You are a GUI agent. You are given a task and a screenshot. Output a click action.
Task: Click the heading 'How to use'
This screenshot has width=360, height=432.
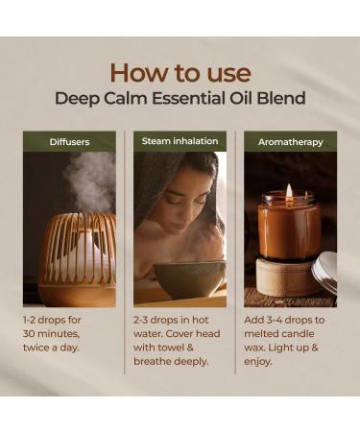pos(180,72)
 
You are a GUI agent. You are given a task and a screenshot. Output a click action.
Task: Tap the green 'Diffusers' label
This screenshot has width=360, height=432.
pos(69,142)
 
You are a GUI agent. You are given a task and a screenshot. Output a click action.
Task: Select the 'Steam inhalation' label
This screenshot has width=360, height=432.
pos(180,141)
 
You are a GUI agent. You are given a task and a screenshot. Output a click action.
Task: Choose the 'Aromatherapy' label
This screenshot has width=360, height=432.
pos(290,142)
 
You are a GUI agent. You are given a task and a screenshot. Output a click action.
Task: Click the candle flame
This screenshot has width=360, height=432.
pos(289,191)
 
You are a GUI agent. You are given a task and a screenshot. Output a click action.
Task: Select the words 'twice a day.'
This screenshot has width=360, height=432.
pos(59,350)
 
